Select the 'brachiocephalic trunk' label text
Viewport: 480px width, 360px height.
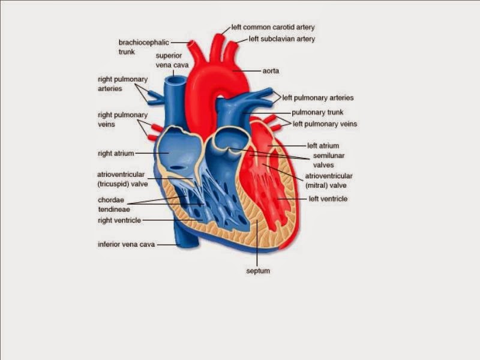coord(143,47)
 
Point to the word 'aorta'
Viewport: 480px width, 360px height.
coord(271,71)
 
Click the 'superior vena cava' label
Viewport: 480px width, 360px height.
coord(169,60)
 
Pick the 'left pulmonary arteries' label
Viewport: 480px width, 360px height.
coord(318,98)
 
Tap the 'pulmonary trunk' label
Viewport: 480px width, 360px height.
coord(317,112)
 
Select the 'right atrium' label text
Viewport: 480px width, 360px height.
coord(116,154)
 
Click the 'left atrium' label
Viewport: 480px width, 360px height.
coord(323,146)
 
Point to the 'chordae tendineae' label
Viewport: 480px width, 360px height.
coord(114,205)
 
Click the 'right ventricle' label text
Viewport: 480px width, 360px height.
coord(119,220)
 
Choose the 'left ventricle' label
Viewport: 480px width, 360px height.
coord(328,199)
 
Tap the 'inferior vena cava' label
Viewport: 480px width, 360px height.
coord(127,244)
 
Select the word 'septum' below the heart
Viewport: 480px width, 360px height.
coord(258,271)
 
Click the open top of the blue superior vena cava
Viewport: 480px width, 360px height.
coord(176,79)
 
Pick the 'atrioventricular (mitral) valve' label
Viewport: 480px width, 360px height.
coord(329,180)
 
